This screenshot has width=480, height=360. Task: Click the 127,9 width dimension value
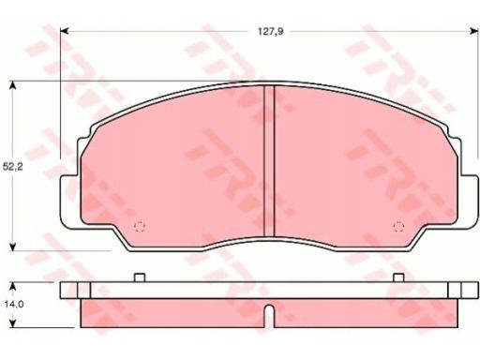[270, 32]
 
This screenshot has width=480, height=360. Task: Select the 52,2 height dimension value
[13, 167]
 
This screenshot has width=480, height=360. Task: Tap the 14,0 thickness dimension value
[14, 304]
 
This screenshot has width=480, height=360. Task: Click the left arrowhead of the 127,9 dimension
[64, 31]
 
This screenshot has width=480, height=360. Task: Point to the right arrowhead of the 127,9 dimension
[474, 31]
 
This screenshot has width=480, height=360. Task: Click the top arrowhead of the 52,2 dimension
[12, 85]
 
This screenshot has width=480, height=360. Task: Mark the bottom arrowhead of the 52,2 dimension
[12, 247]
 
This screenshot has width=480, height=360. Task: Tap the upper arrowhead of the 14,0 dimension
[12, 287]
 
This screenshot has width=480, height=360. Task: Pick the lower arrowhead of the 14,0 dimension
[12, 323]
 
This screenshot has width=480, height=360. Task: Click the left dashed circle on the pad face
[140, 226]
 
